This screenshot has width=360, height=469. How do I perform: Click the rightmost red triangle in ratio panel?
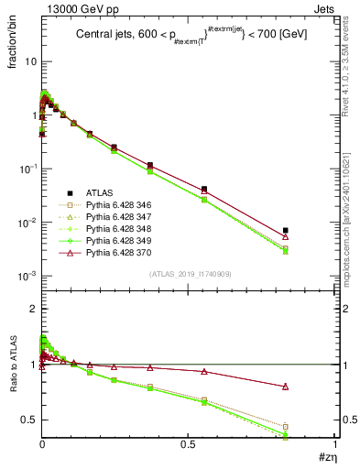[x=286, y=387]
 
